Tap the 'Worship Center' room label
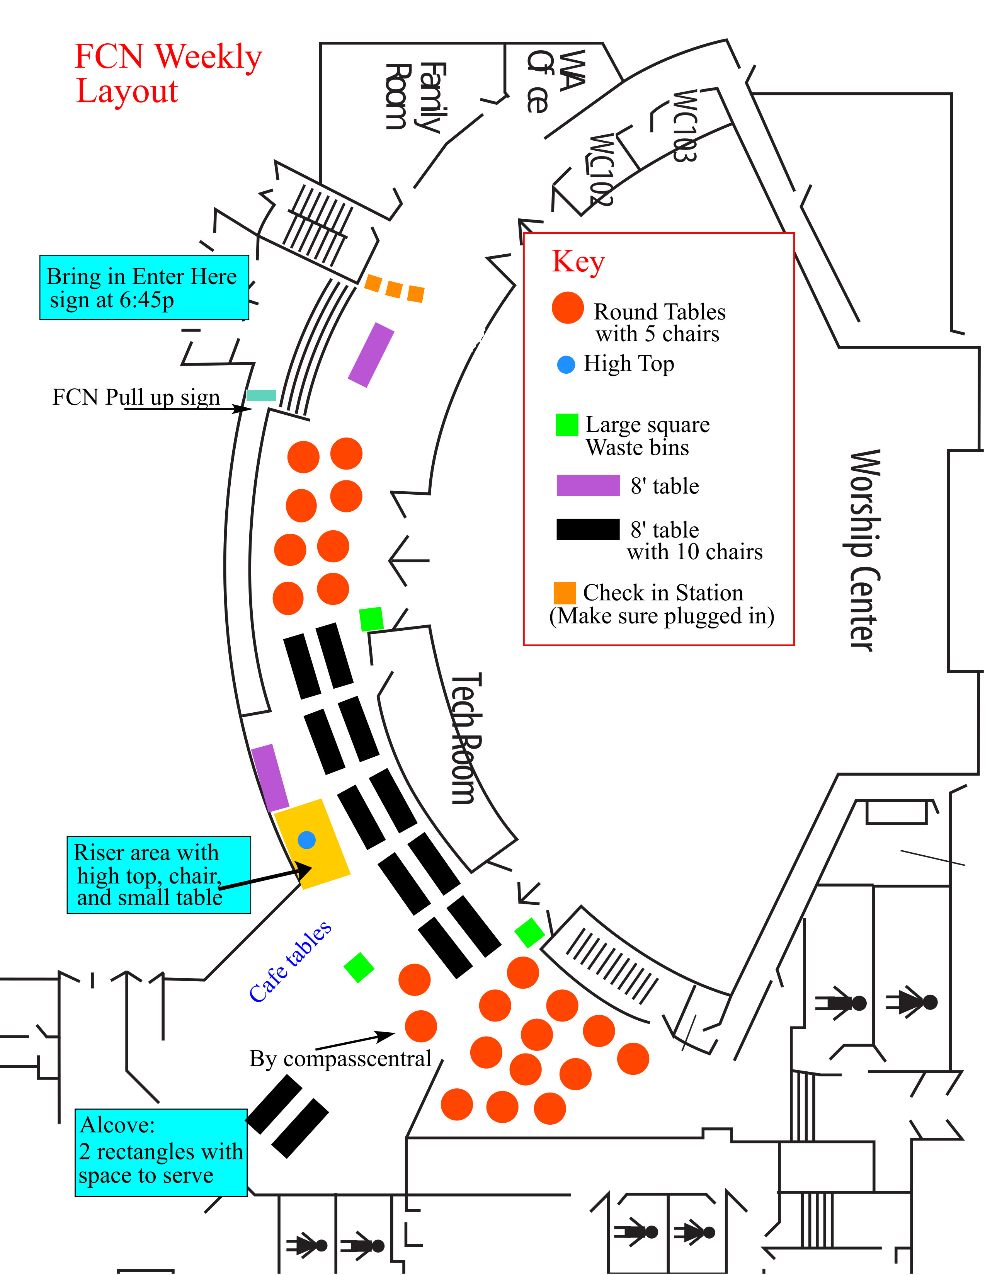click(863, 550)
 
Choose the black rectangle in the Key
click(587, 529)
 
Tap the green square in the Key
click(567, 425)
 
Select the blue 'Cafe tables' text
click(290, 962)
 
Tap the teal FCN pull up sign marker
click(261, 395)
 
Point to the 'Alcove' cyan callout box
click(161, 1152)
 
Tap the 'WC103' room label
click(684, 126)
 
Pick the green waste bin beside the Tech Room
click(371, 619)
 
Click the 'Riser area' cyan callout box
click(158, 875)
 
